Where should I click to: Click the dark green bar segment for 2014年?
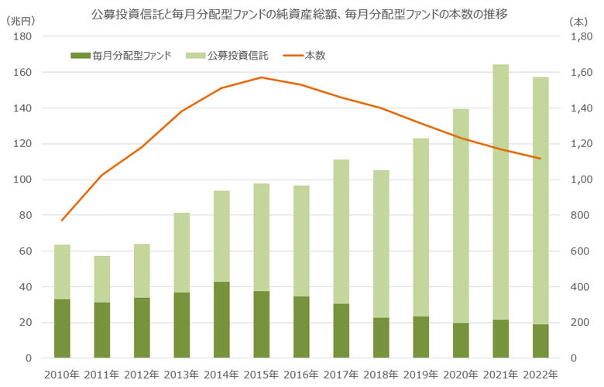[x=221, y=320]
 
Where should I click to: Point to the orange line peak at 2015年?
[x=262, y=77]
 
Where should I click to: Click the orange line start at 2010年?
[x=62, y=221]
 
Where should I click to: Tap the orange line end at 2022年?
[x=540, y=159]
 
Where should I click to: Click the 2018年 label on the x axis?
[x=381, y=375]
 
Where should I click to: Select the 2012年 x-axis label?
[x=142, y=375]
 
